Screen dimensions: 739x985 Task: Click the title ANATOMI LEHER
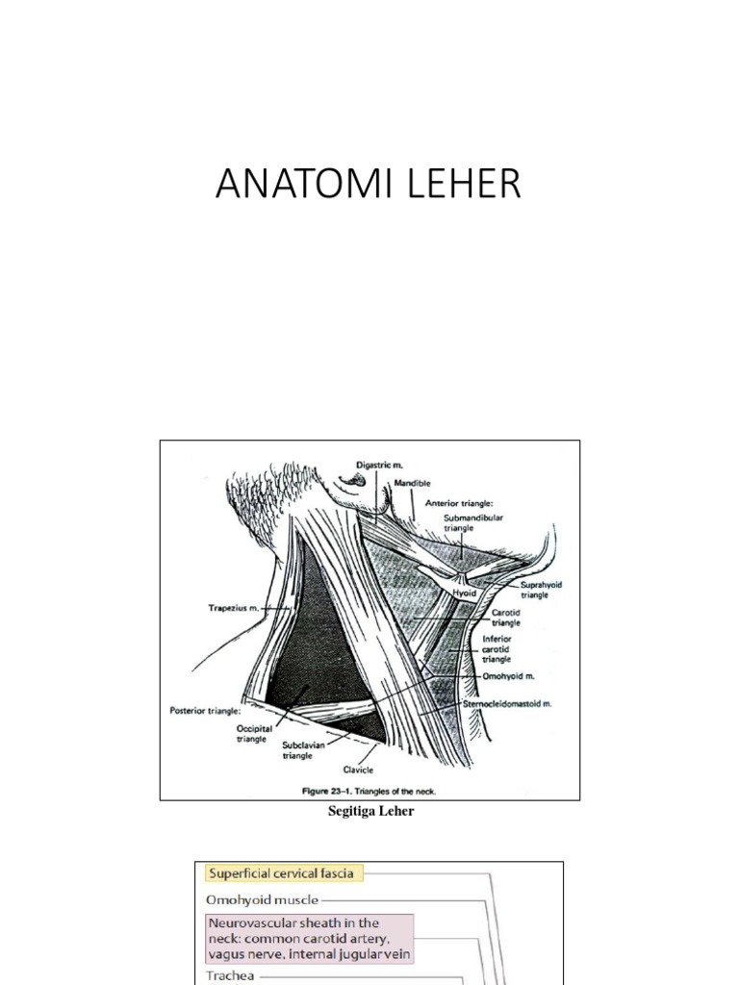pos(369,184)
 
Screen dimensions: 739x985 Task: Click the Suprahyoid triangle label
pos(534,590)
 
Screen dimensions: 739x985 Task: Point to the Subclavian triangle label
pos(302,750)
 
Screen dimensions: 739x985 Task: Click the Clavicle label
pos(357,770)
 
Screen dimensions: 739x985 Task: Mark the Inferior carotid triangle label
pos(497,649)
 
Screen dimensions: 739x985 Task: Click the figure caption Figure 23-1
pos(369,792)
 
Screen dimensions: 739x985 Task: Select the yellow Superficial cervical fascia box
pos(281,873)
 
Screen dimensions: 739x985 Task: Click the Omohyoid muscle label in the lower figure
pos(263,900)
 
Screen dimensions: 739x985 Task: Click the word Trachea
pos(229,974)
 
